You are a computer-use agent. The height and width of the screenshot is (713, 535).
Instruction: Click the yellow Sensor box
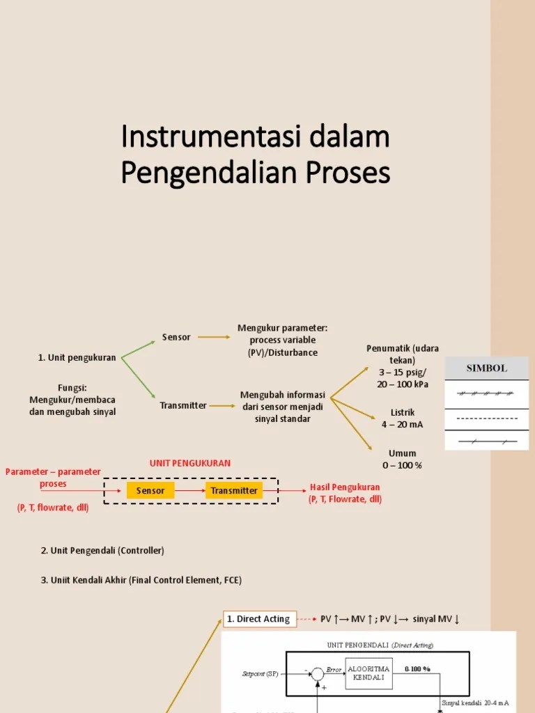150,490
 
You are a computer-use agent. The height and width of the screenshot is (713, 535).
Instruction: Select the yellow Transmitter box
234,490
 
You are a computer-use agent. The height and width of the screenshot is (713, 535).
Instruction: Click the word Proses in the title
350,173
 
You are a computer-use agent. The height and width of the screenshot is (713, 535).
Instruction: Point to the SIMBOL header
486,368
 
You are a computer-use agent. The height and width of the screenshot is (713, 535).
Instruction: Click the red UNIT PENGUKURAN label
190,463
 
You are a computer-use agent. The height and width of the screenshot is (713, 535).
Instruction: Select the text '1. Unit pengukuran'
77,358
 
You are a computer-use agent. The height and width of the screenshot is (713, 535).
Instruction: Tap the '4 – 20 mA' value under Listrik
403,425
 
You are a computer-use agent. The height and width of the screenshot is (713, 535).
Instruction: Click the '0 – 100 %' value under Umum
402,465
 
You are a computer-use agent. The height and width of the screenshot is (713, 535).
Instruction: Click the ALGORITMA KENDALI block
369,673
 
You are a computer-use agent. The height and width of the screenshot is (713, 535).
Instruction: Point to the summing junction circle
317,674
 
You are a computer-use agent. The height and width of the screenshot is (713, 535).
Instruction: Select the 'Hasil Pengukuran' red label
345,487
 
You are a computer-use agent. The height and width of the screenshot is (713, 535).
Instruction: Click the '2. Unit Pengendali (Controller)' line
102,551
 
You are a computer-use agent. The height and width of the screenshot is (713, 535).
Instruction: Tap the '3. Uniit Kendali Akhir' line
141,580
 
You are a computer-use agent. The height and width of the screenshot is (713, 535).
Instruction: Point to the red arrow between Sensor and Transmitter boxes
189,490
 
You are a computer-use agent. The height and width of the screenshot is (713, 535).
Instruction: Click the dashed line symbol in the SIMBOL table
486,418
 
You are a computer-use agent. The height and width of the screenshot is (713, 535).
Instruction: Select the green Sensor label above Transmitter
176,337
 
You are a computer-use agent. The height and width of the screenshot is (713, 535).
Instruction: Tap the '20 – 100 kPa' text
403,384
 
